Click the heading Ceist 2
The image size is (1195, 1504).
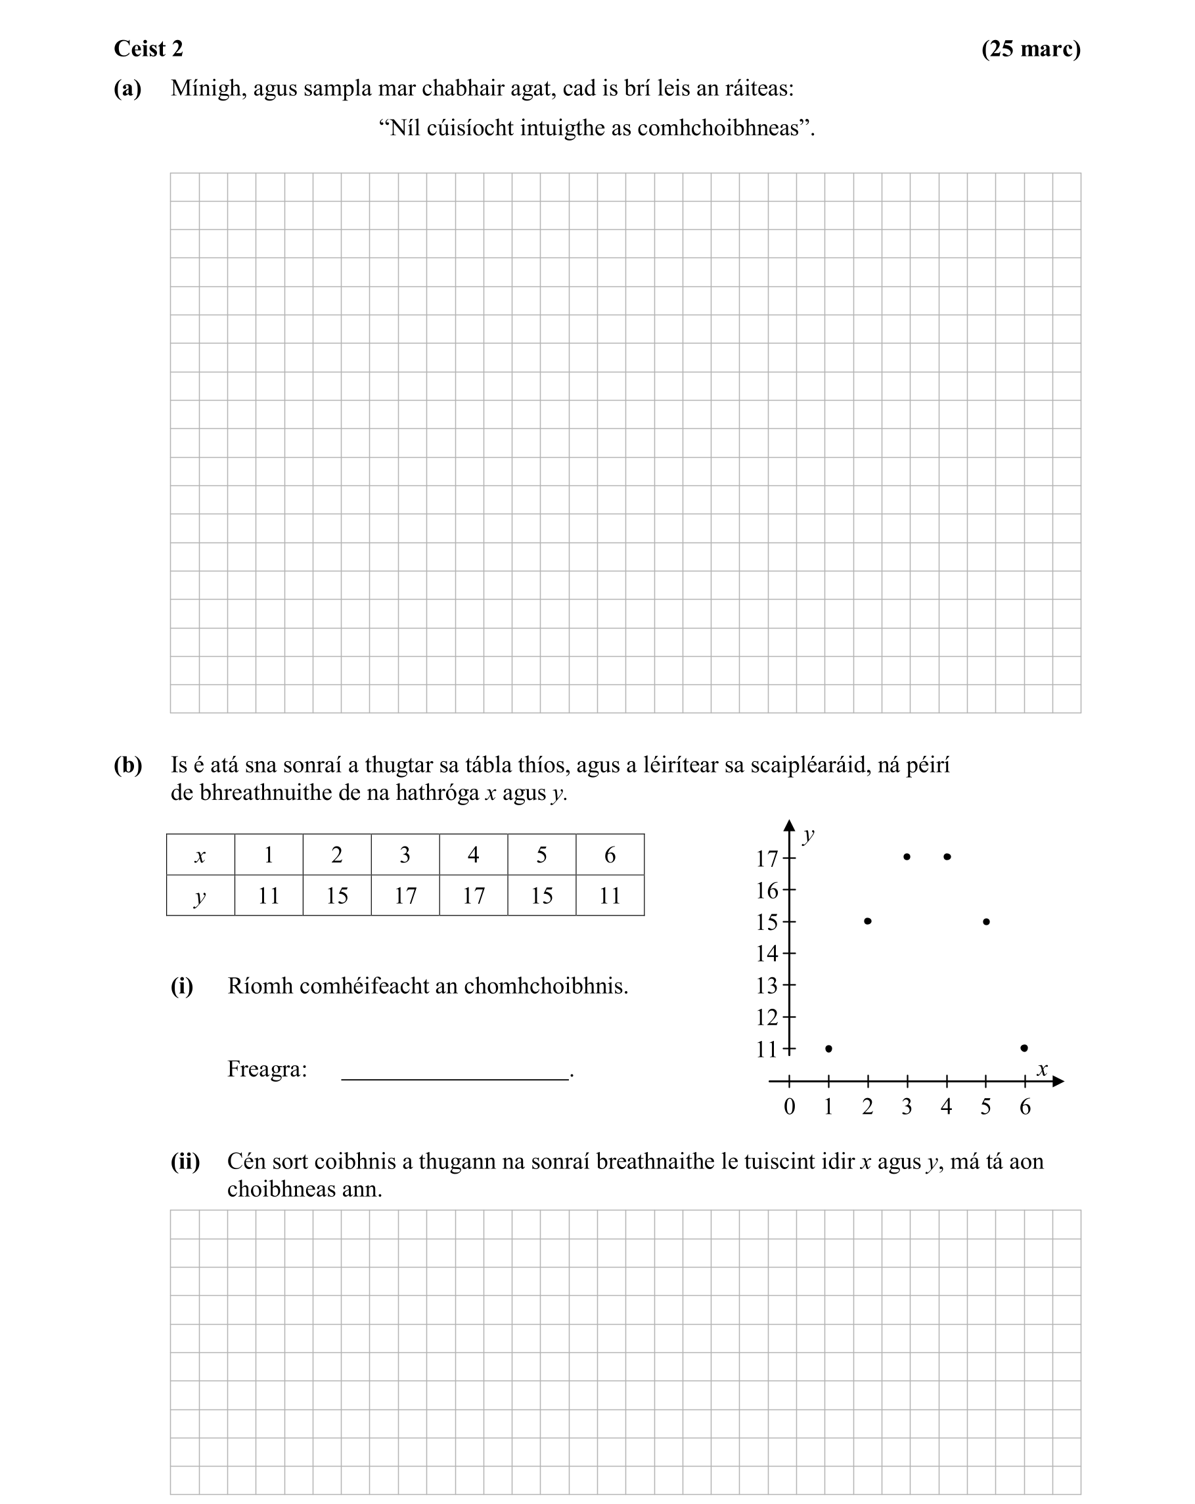148,49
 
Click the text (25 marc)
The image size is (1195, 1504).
1030,49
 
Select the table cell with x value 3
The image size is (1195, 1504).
405,854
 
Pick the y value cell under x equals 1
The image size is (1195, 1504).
269,895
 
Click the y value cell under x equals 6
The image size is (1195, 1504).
610,895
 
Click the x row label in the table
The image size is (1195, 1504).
200,854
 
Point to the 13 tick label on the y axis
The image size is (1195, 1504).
766,986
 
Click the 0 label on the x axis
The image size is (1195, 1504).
789,1107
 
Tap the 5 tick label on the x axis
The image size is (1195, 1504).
985,1107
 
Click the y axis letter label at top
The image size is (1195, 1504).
809,834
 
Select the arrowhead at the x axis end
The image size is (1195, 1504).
1058,1081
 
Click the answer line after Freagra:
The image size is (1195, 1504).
455,1078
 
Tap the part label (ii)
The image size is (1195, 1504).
185,1161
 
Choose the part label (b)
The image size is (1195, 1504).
127,765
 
